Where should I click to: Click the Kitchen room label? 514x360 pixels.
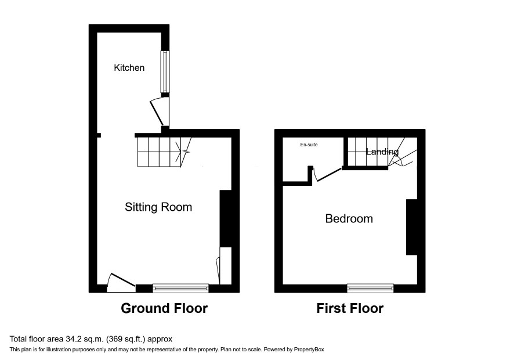point(129,67)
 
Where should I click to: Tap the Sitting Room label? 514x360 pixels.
point(158,207)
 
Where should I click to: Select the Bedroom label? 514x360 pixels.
point(349,218)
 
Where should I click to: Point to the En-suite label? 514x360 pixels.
point(309,145)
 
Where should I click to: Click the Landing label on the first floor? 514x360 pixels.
point(382,152)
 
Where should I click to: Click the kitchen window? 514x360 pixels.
point(165,71)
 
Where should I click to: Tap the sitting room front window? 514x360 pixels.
point(180,288)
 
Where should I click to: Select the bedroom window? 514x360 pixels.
point(371,288)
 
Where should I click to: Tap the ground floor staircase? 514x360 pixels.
point(164,152)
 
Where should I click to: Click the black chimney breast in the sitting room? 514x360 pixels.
point(226,218)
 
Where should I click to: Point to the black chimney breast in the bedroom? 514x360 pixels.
point(412,227)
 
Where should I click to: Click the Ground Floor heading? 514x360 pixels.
point(164,308)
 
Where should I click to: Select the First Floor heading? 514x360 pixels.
point(350,308)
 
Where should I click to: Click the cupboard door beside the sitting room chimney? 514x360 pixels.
point(218,271)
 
